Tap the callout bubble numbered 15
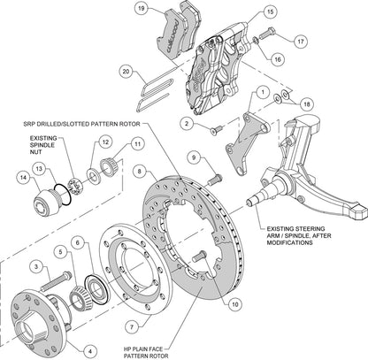(x=244, y=14)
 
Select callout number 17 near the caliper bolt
(x=301, y=41)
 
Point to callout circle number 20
(x=126, y=71)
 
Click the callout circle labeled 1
(x=263, y=93)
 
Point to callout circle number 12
(x=104, y=142)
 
